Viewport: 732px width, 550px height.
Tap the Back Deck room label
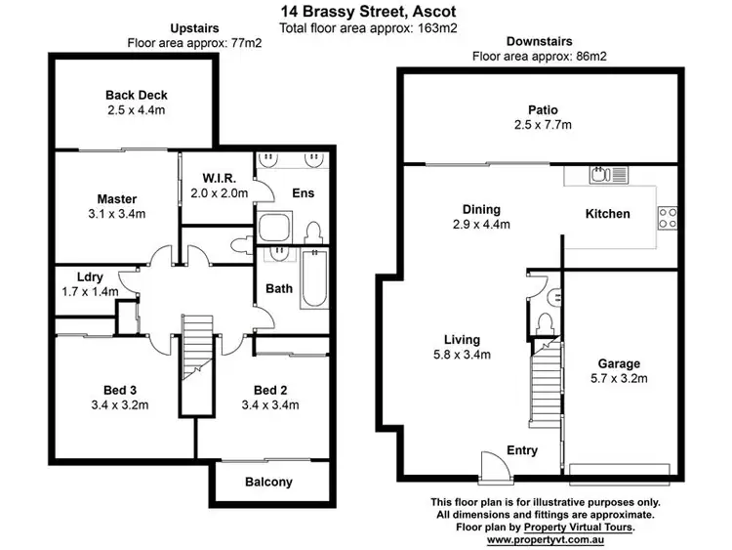[x=137, y=95]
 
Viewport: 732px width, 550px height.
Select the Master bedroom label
[x=116, y=199]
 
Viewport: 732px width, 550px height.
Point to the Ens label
[x=303, y=193]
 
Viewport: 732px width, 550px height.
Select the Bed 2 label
[x=268, y=389]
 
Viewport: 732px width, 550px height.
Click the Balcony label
[x=268, y=482]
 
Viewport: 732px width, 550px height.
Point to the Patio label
[x=544, y=109]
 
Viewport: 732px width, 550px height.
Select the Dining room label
[x=481, y=209]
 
